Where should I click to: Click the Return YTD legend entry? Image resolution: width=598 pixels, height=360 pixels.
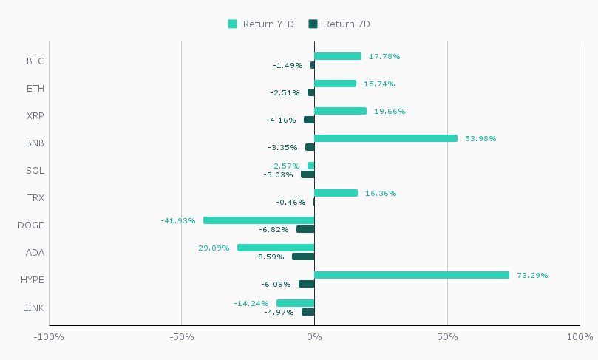(x=261, y=24)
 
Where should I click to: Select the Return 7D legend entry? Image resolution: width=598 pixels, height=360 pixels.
(x=339, y=24)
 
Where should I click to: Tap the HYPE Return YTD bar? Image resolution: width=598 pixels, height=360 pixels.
(x=412, y=275)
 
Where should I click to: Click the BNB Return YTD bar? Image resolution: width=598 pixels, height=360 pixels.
(x=386, y=138)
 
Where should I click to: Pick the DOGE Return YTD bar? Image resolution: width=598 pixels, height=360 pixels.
(x=259, y=220)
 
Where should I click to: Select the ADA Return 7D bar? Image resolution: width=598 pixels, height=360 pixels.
(x=303, y=257)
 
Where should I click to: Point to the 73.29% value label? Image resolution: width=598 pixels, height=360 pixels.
(x=532, y=275)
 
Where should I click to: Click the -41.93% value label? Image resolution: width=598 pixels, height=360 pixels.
(x=178, y=220)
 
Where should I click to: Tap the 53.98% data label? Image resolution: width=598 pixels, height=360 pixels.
(x=480, y=138)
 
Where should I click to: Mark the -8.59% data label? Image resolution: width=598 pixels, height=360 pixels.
(x=269, y=257)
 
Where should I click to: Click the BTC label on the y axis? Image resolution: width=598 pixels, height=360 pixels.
(x=35, y=61)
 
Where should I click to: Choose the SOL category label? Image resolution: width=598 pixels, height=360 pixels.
(x=35, y=170)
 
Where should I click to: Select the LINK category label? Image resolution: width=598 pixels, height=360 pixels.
(x=34, y=307)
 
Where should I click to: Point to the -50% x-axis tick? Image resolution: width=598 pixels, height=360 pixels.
(x=181, y=337)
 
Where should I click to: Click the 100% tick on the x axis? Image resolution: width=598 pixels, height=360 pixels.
(x=579, y=337)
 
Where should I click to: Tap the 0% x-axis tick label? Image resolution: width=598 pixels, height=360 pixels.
(x=314, y=337)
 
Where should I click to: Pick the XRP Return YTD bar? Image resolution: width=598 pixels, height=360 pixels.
(x=340, y=111)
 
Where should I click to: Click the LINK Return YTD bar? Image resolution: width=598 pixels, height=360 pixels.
(x=296, y=303)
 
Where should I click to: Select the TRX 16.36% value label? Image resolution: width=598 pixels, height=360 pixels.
(x=381, y=193)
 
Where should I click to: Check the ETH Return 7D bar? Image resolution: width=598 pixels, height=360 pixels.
(x=311, y=92)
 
